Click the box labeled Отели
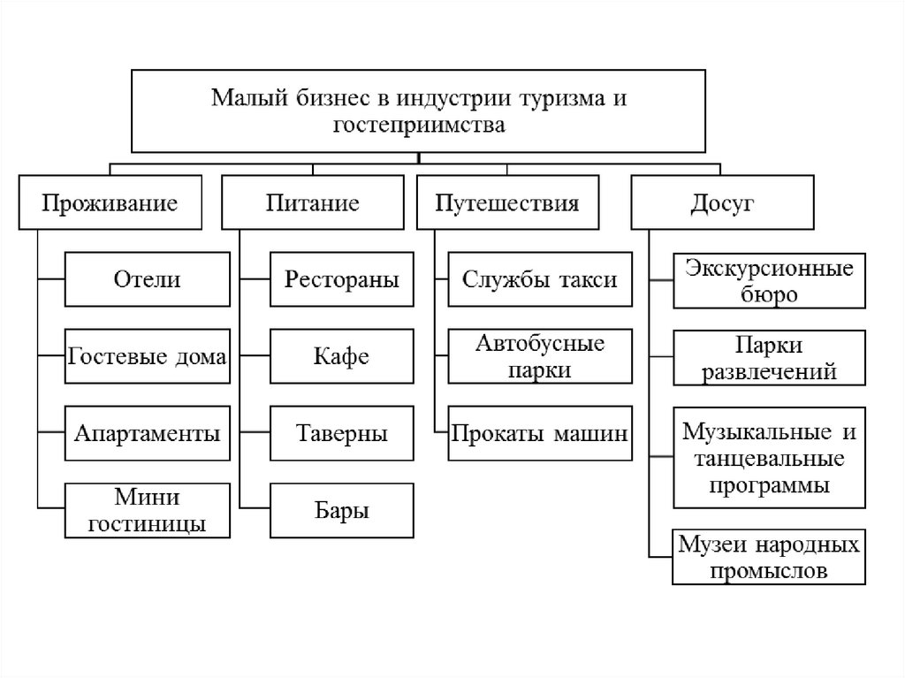pos(147,279)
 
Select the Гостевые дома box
pos(147,357)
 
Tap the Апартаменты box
pos(147,434)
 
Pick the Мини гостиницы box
pos(147,510)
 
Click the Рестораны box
pos(341,279)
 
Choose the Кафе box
pos(341,357)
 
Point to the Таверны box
pos(341,434)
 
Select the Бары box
pos(341,510)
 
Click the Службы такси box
pos(540,279)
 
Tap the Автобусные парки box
pos(540,357)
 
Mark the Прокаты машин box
pos(540,434)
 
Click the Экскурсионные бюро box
pos(769,280)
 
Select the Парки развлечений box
pos(769,357)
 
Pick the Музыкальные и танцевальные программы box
pos(769,457)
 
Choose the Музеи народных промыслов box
pos(769,557)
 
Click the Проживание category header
pos(110,203)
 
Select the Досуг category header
pos(721,203)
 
